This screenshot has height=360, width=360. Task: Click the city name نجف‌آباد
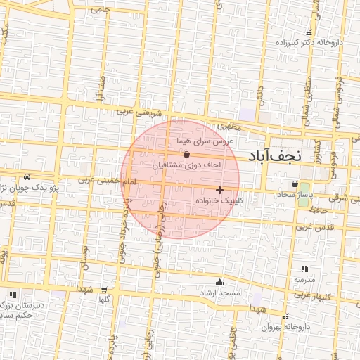click(281, 155)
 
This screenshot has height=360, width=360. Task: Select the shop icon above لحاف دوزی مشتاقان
click(186, 155)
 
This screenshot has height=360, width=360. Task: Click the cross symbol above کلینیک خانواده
click(220, 190)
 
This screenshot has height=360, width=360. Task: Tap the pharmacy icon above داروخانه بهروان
click(285, 316)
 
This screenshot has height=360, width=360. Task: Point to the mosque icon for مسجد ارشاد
click(225, 281)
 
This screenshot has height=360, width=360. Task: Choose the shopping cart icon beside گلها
click(104, 289)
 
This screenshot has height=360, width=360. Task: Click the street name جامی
click(101, 9)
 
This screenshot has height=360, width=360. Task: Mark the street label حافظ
click(321, 210)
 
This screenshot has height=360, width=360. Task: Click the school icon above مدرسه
click(304, 269)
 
